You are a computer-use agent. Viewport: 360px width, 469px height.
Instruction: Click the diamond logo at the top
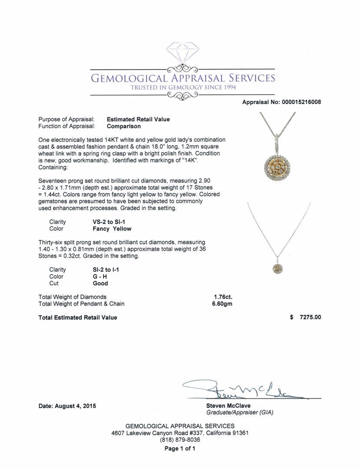click(x=182, y=53)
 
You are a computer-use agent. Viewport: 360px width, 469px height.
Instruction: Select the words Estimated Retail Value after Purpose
click(x=138, y=119)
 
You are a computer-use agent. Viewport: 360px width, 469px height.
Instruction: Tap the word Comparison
click(x=124, y=126)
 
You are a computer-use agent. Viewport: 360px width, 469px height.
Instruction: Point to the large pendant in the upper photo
click(x=278, y=166)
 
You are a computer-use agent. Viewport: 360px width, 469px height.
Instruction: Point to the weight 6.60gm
click(x=221, y=304)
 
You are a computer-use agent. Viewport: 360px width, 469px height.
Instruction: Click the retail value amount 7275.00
click(x=310, y=317)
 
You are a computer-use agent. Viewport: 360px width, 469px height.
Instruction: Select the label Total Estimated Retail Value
click(x=78, y=317)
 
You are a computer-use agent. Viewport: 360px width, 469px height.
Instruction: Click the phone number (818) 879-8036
click(x=180, y=440)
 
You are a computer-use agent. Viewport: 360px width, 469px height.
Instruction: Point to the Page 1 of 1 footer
click(x=180, y=449)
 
